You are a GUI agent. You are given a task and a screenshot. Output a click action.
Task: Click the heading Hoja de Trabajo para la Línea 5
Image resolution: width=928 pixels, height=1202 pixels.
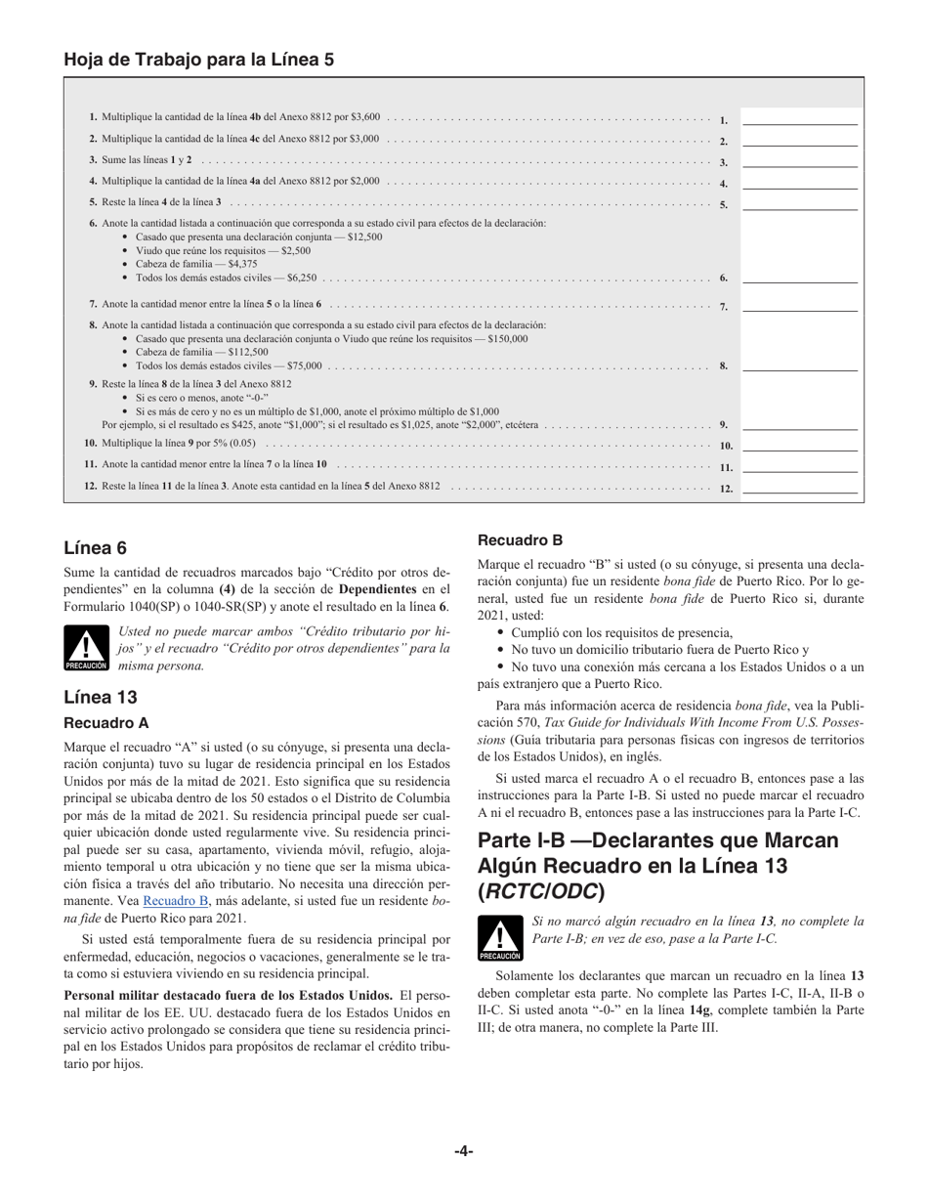pos(198,60)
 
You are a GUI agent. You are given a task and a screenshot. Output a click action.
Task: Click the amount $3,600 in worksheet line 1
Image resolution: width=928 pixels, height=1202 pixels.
pos(365,117)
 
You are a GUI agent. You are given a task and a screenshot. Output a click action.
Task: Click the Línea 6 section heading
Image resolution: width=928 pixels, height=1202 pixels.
pos(95,548)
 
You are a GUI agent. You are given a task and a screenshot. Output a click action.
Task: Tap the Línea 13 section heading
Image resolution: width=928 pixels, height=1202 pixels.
pos(100,697)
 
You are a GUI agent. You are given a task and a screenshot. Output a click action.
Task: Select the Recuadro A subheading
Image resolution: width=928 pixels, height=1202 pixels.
pos(106,723)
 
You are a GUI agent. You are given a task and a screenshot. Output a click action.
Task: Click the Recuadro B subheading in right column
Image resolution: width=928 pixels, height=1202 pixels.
pos(520,540)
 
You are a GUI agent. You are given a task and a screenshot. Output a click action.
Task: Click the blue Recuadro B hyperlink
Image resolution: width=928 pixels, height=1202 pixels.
pos(176,901)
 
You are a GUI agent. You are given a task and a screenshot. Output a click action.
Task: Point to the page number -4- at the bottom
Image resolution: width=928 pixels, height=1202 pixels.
pos(464,1151)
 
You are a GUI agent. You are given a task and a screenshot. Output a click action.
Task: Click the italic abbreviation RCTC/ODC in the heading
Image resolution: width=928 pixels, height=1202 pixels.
pos(541,891)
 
